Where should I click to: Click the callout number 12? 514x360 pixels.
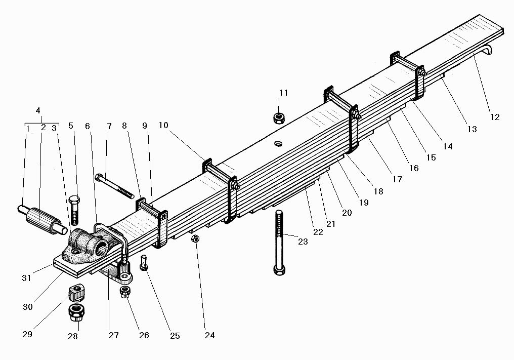tap(494, 117)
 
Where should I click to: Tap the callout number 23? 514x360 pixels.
tap(303, 242)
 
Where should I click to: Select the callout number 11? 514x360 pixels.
tap(283, 93)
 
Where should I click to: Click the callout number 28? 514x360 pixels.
tap(73, 336)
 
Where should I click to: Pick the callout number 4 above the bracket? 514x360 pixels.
tap(38, 110)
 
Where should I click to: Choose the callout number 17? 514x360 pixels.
tap(397, 179)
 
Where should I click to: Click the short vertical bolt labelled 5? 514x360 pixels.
tap(73, 209)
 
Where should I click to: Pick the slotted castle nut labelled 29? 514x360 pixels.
tap(75, 293)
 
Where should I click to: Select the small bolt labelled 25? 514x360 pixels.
tap(144, 264)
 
